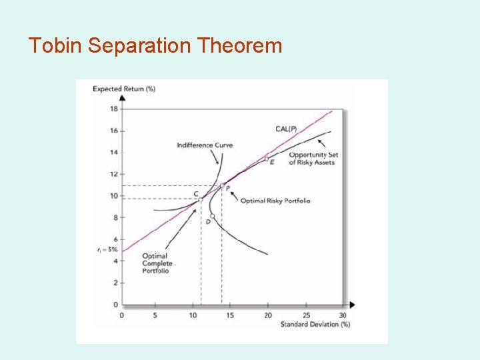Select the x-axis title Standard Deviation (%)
(316, 325)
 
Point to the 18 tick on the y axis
(113, 109)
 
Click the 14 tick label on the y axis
(113, 153)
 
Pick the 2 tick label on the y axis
(115, 283)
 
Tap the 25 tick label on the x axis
(306, 315)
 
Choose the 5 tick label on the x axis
(155, 315)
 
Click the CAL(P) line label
(287, 129)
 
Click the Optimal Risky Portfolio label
(275, 201)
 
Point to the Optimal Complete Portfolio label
(156, 263)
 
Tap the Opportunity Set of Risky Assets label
(313, 159)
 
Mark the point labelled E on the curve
(266, 159)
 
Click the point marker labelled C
(201, 199)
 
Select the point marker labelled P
(222, 185)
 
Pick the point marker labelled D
(212, 216)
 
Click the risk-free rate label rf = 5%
(107, 251)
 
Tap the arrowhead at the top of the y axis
(121, 97)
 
